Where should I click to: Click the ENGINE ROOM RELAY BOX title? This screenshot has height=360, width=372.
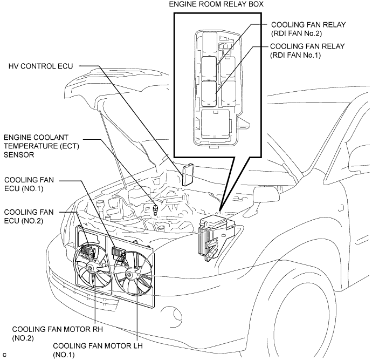tap(219, 4)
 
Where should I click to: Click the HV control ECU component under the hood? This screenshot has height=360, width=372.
tap(188, 175)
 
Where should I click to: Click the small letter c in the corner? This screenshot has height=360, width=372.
tap(4, 354)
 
